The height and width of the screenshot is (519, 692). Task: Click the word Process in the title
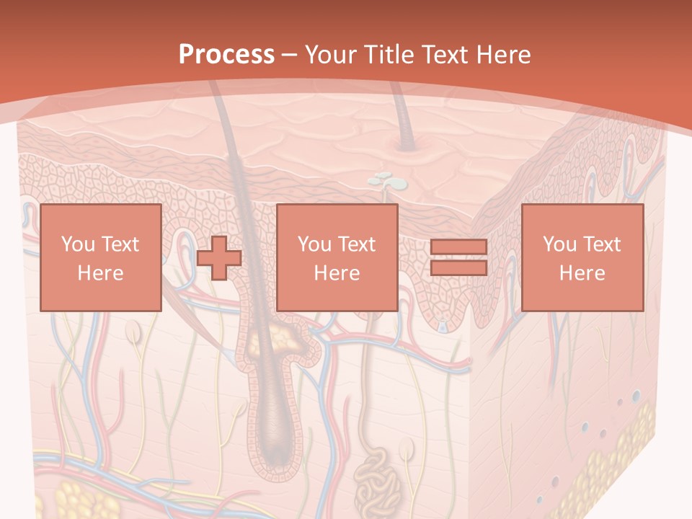point(226,55)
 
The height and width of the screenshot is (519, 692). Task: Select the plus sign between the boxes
point(219,257)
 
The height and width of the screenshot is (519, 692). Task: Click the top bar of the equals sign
point(458,247)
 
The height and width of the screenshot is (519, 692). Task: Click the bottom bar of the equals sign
point(458,267)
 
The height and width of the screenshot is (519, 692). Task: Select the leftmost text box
point(100,257)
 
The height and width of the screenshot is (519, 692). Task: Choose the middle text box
point(337,257)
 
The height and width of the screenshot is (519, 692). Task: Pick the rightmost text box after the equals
point(582,257)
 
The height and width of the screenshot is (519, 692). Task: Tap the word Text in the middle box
point(357,244)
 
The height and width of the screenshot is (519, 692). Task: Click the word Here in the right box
point(582,272)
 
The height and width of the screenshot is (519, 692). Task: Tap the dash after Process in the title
point(290,55)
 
